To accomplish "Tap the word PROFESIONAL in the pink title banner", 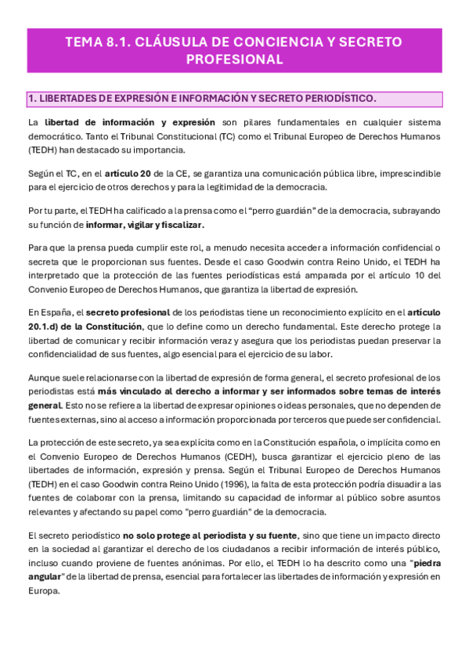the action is coord(234,59).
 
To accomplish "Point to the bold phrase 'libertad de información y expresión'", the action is coord(129,123).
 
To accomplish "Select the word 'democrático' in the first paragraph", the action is coord(55,136).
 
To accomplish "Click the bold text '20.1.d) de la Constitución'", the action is coord(74,327).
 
